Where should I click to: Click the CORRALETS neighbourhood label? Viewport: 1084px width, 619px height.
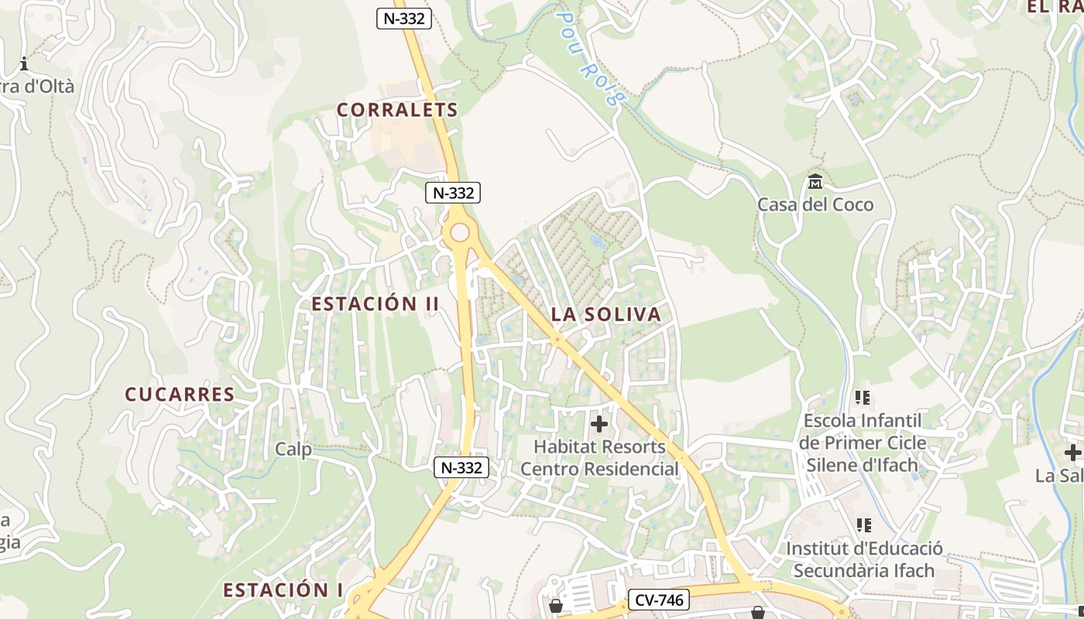(397, 110)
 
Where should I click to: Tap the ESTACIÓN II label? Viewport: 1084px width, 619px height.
(375, 303)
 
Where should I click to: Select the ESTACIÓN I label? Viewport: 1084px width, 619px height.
(283, 590)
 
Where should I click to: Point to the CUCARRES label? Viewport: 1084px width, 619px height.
(180, 394)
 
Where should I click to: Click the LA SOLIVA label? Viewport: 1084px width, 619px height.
(606, 314)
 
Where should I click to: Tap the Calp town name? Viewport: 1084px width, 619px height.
(293, 450)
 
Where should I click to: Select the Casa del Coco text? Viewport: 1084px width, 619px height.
(815, 205)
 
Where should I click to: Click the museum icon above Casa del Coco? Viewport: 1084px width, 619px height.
(815, 182)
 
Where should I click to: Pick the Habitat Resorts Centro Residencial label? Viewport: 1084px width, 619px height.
(599, 458)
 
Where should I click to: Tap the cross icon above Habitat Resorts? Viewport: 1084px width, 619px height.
(599, 424)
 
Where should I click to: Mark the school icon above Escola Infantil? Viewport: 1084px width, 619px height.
(863, 398)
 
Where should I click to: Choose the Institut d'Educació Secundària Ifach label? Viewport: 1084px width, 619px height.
(864, 559)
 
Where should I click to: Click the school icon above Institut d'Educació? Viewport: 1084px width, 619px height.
(864, 526)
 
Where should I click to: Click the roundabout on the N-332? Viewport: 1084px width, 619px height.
(460, 232)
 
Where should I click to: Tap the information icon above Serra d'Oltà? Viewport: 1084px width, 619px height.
(24, 63)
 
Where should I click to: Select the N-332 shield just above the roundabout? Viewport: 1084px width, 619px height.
(453, 193)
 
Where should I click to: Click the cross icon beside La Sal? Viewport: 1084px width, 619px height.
(1072, 453)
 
